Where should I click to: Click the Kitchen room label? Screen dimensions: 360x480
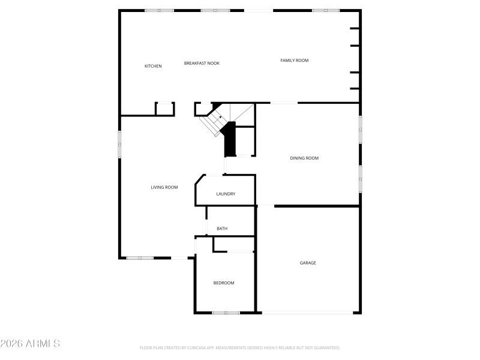coord(153,66)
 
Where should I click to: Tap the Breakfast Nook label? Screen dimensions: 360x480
coord(202,63)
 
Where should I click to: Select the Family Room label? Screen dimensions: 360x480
coord(295,60)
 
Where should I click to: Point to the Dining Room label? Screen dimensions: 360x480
coord(304,158)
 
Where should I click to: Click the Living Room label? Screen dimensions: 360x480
coord(164,188)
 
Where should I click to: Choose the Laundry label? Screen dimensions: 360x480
coord(226,194)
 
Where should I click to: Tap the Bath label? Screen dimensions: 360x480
coord(222,229)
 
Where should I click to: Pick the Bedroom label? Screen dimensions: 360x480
coord(224,283)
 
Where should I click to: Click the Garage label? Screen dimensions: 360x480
coord(308,263)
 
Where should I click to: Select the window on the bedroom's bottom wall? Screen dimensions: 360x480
coord(226,313)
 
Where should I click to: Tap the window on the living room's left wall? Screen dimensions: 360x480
coord(119,144)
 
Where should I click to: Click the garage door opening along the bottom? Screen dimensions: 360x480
coord(308,313)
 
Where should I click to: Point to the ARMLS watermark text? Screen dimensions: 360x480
coord(30,344)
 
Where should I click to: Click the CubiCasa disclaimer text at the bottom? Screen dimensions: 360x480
coord(240,347)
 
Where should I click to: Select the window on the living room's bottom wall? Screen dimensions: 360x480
coord(140,258)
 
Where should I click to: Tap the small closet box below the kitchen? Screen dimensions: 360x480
coord(165,109)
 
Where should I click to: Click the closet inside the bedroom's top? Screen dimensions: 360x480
coord(234,244)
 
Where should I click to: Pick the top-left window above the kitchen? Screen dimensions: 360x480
coord(160,10)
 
